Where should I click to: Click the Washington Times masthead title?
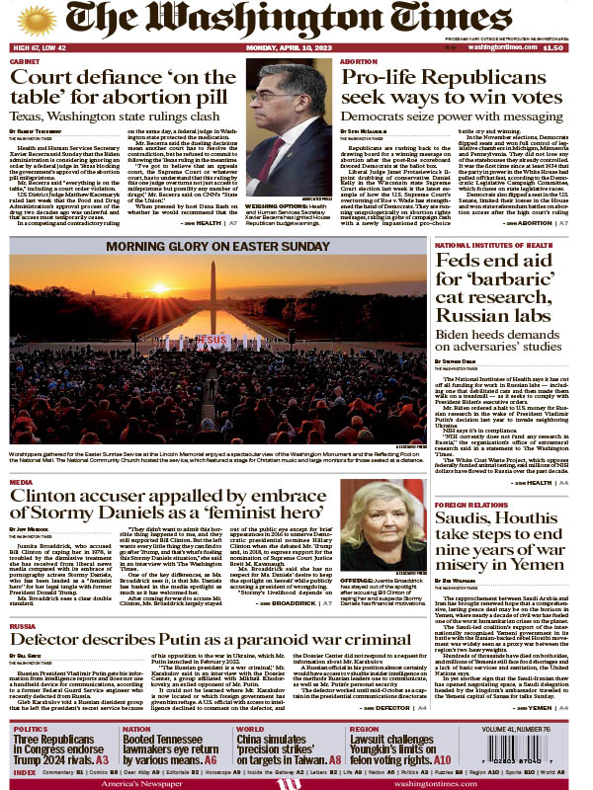pos(296,21)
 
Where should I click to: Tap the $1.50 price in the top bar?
pos(553,47)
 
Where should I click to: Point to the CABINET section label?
pos(26,61)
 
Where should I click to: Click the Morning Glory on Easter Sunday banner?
pos(216,246)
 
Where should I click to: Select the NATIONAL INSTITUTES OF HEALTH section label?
pos(492,245)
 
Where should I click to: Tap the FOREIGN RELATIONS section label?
pos(470,504)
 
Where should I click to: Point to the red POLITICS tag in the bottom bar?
pos(30,730)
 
